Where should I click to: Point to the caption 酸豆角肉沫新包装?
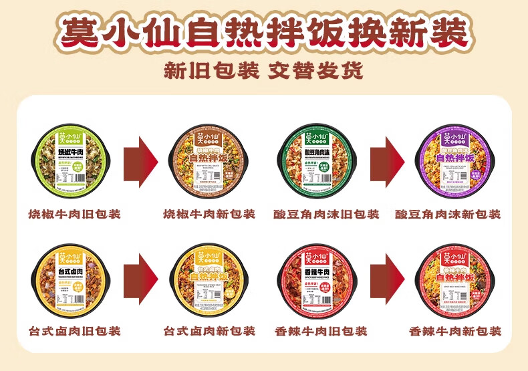[x=448, y=215]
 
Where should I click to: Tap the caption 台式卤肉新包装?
[x=209, y=331]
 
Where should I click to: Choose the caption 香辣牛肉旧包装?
[x=320, y=331]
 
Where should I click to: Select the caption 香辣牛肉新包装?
[x=454, y=331]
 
